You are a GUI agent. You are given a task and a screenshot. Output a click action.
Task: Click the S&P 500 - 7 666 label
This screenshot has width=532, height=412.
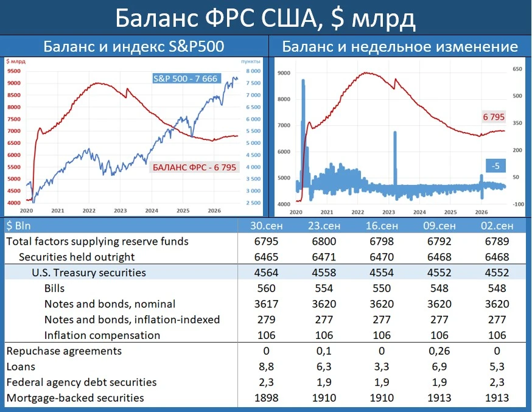tap(185, 79)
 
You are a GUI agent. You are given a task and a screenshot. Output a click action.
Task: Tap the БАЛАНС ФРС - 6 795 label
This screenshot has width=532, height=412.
tap(194, 167)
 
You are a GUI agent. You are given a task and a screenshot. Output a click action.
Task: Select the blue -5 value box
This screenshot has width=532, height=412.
tap(495, 166)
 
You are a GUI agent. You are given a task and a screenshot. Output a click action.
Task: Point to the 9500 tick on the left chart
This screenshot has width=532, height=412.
tap(14, 71)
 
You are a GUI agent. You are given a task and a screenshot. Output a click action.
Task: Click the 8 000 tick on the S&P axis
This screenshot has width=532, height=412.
tap(253, 71)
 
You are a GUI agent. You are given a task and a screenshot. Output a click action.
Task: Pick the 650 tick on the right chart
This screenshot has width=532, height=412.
tap(517, 69)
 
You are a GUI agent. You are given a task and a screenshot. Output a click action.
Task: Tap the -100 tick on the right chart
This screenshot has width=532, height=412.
tap(519, 204)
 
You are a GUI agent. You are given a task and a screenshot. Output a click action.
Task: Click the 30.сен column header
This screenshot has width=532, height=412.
tap(267, 226)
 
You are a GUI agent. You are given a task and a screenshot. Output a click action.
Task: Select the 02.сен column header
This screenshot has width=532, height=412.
tap(497, 226)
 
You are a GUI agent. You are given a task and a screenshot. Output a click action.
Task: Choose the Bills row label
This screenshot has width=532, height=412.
tap(54, 288)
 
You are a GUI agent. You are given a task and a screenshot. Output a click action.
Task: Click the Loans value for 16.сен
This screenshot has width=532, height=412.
tap(382, 366)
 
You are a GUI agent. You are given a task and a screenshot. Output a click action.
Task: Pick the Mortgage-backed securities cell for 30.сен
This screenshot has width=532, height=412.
tap(267, 398)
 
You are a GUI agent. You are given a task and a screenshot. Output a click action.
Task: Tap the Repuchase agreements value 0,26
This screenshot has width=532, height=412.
tap(439, 351)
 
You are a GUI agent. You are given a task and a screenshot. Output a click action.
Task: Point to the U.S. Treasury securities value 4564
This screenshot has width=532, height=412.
tap(267, 273)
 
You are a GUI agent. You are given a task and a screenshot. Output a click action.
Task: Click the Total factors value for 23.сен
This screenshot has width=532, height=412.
tap(324, 242)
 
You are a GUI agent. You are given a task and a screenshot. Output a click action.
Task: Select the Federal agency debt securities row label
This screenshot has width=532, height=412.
tap(82, 383)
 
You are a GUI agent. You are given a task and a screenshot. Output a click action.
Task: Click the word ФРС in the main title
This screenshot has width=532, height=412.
tap(229, 18)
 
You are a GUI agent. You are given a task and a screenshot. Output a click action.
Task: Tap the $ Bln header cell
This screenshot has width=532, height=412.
tap(18, 226)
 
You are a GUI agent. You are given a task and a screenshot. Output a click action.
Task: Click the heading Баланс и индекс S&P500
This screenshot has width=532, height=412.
tap(134, 46)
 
